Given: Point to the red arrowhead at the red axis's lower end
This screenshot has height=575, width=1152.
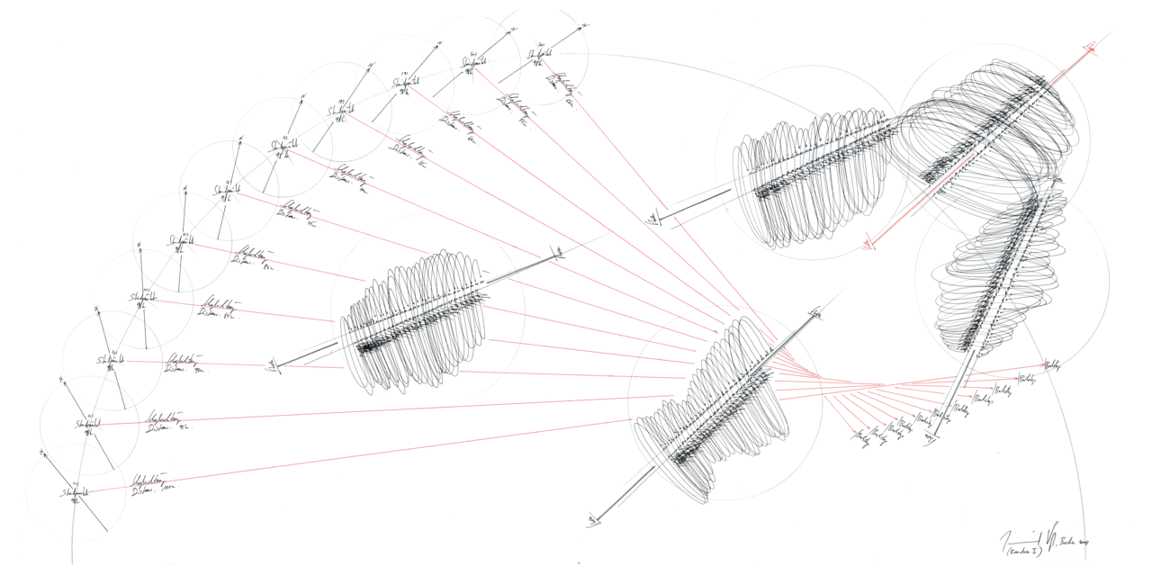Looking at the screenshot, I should coord(870,242).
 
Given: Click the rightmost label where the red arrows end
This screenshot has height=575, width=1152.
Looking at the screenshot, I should coord(1052,365).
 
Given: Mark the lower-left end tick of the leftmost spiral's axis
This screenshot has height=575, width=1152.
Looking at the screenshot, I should coord(271,366).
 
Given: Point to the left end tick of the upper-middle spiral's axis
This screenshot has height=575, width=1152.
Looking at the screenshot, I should coord(655,217).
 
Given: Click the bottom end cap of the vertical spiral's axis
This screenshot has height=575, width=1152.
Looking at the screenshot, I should coord(932,435).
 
